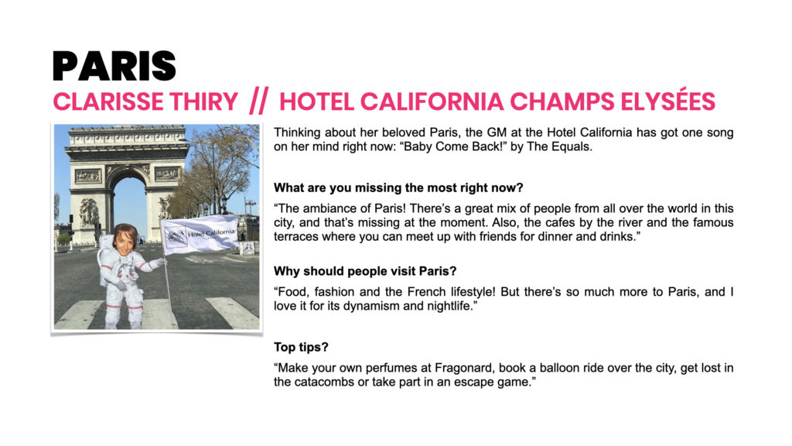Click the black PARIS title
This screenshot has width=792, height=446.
click(x=114, y=67)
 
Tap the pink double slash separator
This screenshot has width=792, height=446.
click(x=258, y=101)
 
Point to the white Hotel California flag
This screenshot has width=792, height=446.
click(x=200, y=234)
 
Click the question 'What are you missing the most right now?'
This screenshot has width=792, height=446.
click(x=398, y=188)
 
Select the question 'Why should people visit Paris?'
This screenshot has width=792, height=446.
click(x=365, y=272)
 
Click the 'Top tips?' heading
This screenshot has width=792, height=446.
click(x=301, y=348)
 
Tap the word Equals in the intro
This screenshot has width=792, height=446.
click(x=572, y=146)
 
